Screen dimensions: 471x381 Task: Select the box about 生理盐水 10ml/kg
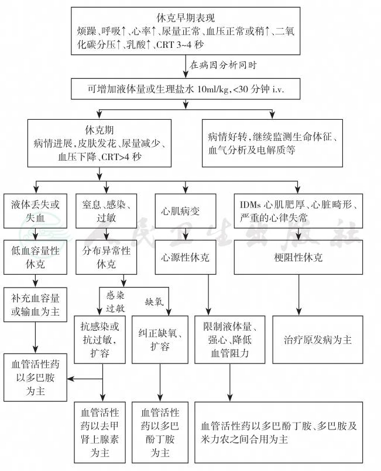click(x=186, y=88)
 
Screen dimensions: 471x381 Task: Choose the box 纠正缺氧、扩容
click(x=159, y=340)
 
